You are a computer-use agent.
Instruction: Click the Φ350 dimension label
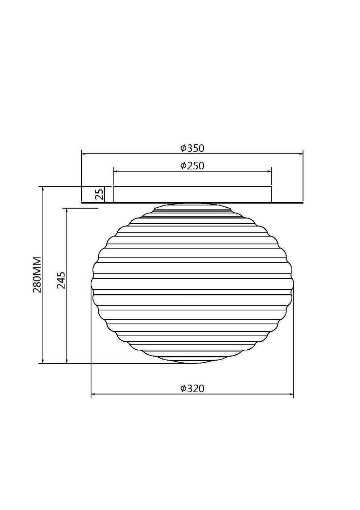[x=192, y=148]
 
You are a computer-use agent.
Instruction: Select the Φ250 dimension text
[x=192, y=166]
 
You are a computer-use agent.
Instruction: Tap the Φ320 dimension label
[x=192, y=389]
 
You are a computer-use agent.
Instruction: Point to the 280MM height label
[x=37, y=275]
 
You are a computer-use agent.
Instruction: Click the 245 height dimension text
[x=61, y=280]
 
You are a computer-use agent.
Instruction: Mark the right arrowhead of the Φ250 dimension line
[x=270, y=171]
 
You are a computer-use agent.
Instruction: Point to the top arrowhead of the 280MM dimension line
[x=43, y=189]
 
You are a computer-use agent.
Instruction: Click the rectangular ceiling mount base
[x=192, y=194]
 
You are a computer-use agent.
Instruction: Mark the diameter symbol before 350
[x=183, y=148]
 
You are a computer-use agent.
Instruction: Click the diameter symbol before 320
[x=183, y=389]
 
